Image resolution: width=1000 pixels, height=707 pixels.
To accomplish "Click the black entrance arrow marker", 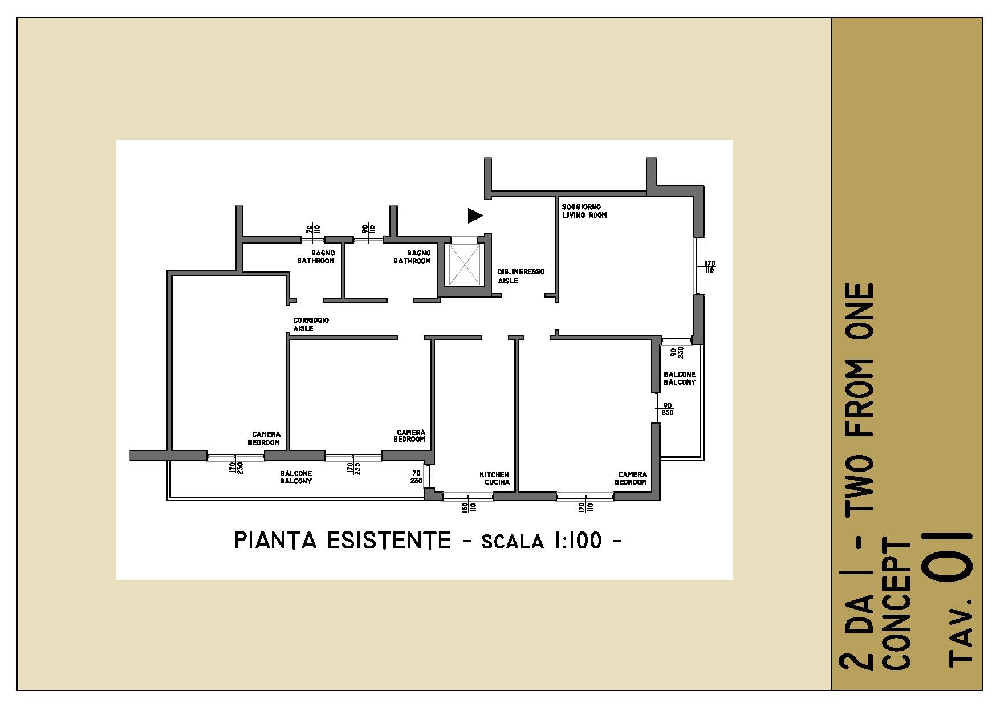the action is (x=475, y=215).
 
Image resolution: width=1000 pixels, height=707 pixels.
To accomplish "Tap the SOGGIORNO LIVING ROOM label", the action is (x=584, y=211).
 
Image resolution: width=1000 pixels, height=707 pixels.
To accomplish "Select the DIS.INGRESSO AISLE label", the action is (x=521, y=276).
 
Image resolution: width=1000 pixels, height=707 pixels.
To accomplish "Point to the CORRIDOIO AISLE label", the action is (x=311, y=324).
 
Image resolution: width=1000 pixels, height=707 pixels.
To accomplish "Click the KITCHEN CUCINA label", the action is (x=494, y=478).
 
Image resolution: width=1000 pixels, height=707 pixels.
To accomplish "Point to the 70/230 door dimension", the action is (x=417, y=477).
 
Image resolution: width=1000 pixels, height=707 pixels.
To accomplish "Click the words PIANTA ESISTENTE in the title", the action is (x=343, y=541).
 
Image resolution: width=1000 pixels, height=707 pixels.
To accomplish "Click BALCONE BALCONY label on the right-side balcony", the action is (x=680, y=379).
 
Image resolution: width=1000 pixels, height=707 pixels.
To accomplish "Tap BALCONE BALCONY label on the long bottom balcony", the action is (x=296, y=477).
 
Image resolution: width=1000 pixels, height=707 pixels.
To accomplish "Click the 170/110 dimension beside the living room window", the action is (x=710, y=266).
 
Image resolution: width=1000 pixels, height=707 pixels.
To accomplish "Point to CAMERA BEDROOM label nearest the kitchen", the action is (x=632, y=478).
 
